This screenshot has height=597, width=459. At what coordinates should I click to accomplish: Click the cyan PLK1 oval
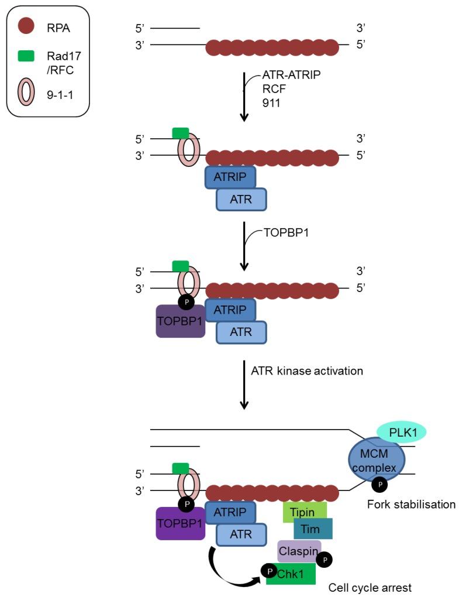coord(401,432)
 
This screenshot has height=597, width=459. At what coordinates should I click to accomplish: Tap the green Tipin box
coord(304,512)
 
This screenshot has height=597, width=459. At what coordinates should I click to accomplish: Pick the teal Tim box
coord(313,529)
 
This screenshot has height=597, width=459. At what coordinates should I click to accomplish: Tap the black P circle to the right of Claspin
coord(325,560)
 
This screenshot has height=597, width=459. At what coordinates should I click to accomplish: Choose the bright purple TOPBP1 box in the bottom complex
coord(180,523)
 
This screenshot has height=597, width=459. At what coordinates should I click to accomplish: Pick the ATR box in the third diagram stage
coord(241,332)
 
